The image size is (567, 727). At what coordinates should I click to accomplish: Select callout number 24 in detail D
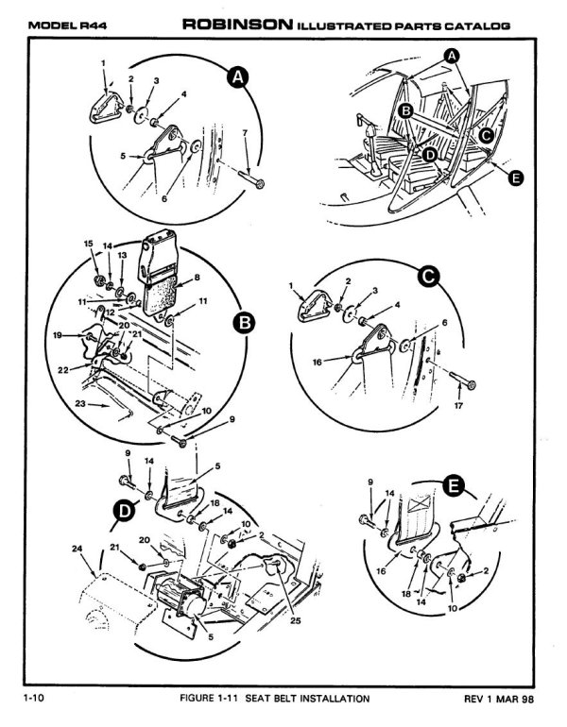tap(77, 548)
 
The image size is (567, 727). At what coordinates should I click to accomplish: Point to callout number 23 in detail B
tap(81, 405)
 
